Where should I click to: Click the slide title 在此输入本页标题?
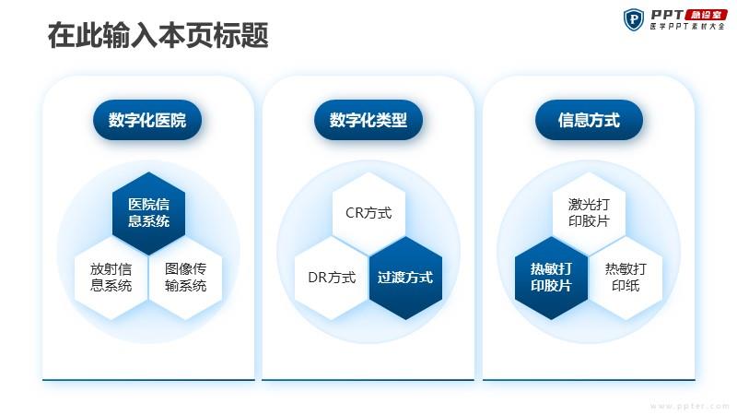pos(158,35)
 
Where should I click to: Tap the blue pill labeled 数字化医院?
pos(147,120)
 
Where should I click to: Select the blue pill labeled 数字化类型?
pos(368,120)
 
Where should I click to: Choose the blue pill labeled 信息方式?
pos(589,120)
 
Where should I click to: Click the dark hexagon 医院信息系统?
pos(148,213)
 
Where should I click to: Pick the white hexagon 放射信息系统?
pos(111,278)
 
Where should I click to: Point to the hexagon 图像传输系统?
pos(185,278)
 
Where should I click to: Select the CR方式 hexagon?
pos(368,213)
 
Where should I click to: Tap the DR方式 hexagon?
pos(332,278)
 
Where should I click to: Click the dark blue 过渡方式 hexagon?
pos(405,278)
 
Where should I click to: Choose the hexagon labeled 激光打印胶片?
pos(589,213)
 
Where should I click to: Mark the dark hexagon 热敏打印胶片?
pos(551,278)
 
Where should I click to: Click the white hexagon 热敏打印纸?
pos(626,278)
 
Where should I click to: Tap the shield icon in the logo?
pos(634,19)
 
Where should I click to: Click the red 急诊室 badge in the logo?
pos(707,15)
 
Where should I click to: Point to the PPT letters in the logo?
pos(667,15)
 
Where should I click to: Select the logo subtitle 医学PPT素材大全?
pos(687,27)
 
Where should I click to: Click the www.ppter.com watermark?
pos(689,406)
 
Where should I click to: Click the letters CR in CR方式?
pos(354,213)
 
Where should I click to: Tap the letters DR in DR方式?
pos(317,278)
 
